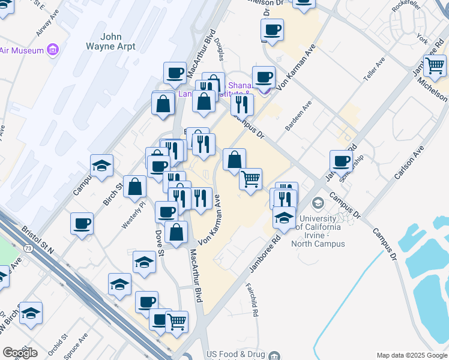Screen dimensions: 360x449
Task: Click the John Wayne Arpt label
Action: click(x=111, y=41)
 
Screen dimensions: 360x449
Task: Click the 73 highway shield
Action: click(x=28, y=247)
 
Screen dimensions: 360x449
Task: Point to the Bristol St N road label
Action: click(x=38, y=239)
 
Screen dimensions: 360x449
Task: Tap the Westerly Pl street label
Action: click(x=133, y=214)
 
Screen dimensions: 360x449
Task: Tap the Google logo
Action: click(x=20, y=352)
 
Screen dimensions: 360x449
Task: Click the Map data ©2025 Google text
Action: click(x=411, y=355)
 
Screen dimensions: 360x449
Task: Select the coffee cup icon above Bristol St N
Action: click(x=82, y=223)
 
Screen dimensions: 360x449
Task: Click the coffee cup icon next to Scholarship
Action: click(x=341, y=160)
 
